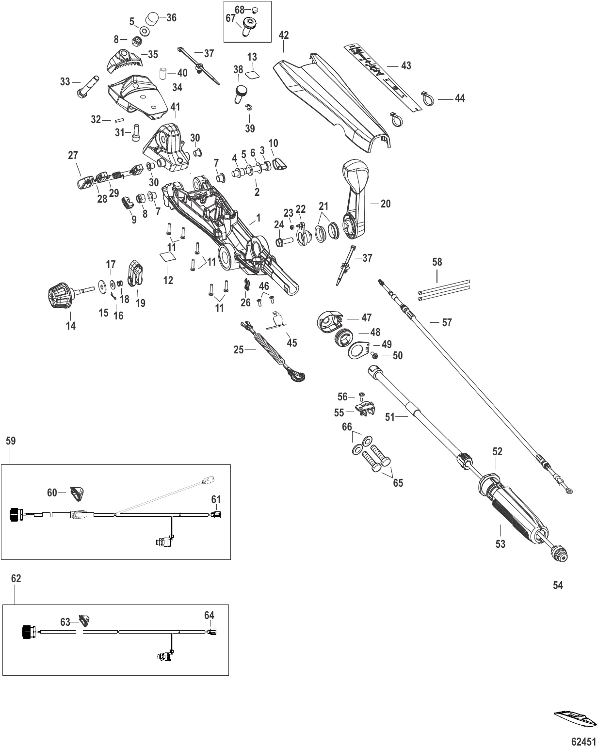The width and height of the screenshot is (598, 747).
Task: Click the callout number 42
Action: click(x=284, y=35)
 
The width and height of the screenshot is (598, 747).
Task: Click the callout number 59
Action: click(x=11, y=441)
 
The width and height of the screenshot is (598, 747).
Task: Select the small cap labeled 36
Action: click(x=154, y=20)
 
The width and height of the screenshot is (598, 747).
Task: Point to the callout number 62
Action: click(x=16, y=579)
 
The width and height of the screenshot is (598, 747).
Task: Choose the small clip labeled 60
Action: click(x=76, y=493)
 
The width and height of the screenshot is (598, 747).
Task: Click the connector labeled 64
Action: click(x=212, y=631)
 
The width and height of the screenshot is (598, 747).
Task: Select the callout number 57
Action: click(x=447, y=322)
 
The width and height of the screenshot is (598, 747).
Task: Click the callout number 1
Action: click(x=258, y=218)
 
